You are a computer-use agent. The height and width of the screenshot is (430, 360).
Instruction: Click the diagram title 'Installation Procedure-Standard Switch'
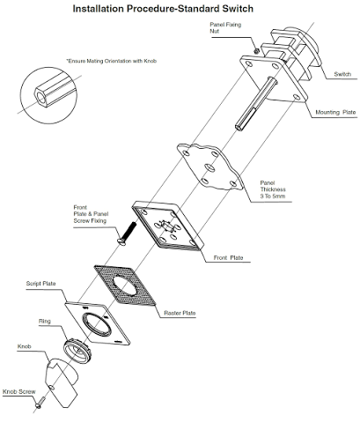coord(163,9)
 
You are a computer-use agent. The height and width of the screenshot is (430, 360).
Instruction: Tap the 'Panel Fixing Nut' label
coord(225,28)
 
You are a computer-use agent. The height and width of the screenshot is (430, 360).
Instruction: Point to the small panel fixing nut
coord(256,51)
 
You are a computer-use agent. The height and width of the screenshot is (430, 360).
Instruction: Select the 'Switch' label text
coord(342,74)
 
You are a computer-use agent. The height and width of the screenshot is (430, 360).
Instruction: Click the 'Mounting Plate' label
coord(335,112)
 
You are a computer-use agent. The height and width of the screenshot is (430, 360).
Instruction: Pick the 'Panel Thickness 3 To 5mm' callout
coord(273,189)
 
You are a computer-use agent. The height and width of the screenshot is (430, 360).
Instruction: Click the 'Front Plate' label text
coord(228,258)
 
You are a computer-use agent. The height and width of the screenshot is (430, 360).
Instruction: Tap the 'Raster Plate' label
coord(180,313)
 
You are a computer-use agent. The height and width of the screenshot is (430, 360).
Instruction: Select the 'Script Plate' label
coord(40,284)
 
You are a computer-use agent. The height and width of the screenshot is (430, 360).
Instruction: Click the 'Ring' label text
coord(45,322)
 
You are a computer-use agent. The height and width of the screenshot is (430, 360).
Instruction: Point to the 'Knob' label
coord(24,346)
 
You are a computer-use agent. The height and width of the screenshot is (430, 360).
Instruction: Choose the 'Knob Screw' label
coord(19,392)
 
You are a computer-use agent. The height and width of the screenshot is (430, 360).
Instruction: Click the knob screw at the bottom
coord(40,402)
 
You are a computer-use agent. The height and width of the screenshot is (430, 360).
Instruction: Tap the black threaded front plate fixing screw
coord(127,234)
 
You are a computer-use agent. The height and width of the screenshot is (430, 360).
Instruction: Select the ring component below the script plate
coord(77,351)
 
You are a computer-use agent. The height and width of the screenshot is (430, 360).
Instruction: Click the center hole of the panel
coord(210,168)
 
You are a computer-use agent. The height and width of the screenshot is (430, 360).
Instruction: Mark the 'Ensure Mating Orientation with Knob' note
coord(112,61)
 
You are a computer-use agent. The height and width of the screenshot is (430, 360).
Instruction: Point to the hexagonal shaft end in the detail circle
coord(40,97)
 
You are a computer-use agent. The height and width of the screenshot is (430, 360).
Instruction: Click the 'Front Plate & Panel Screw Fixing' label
coord(91,214)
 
